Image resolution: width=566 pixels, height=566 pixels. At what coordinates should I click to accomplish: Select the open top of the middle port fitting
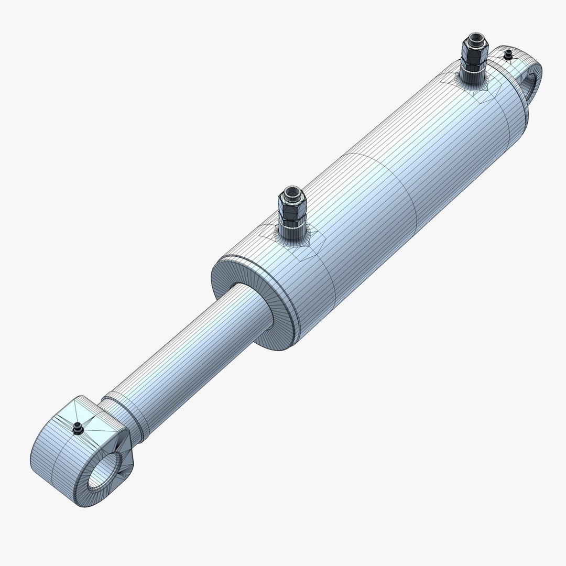[290, 192]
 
